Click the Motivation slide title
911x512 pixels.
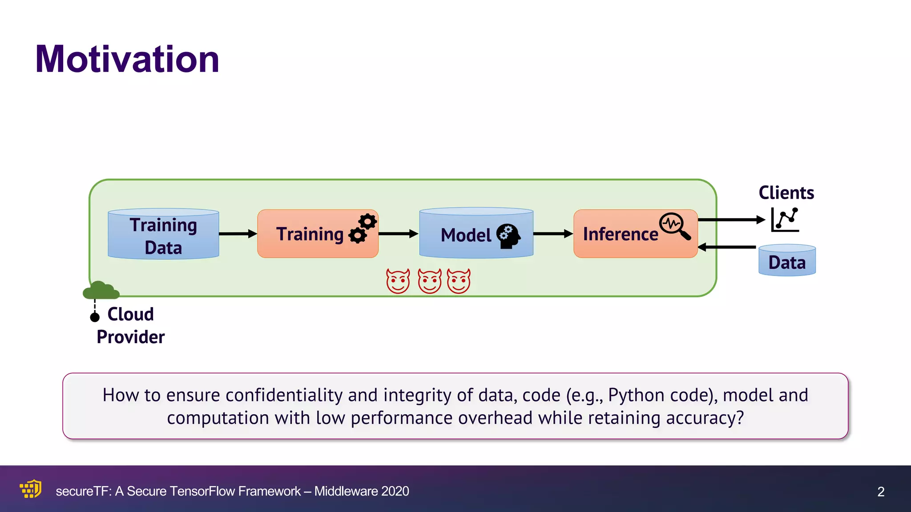tap(127, 59)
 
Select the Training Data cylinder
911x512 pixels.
tap(163, 234)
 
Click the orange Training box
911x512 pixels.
tap(311, 234)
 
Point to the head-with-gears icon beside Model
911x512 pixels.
tap(508, 236)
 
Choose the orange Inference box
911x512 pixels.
tap(623, 234)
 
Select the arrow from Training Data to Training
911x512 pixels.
tap(238, 234)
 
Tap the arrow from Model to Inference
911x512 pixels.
tap(553, 234)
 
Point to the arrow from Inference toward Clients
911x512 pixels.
tap(731, 220)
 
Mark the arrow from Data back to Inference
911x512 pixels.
tap(727, 247)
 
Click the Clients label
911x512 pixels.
tap(786, 193)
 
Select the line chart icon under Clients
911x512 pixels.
tap(785, 220)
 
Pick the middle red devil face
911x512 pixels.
tap(429, 281)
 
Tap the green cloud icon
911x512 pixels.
tap(101, 290)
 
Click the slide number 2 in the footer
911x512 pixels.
tap(881, 492)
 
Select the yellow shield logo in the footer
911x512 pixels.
tap(31, 489)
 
